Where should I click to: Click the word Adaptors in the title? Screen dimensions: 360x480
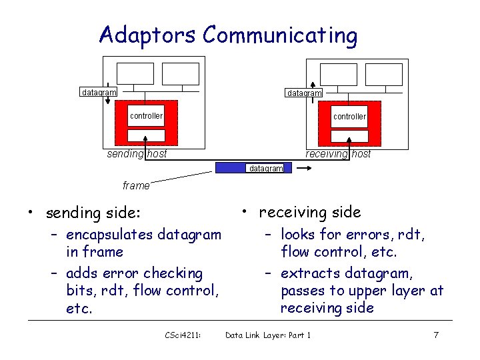pyautogui.click(x=148, y=34)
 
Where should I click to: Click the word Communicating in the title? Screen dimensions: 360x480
pyautogui.click(x=280, y=35)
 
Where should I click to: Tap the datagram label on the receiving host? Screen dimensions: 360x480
pyautogui.click(x=304, y=93)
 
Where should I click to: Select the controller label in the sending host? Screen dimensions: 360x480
pyautogui.click(x=146, y=116)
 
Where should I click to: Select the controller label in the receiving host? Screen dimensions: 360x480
pyautogui.click(x=349, y=117)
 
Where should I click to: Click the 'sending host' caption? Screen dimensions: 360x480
pyautogui.click(x=137, y=155)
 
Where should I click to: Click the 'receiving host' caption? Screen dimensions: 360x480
pyautogui.click(x=338, y=155)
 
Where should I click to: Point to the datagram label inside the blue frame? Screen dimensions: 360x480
pyautogui.click(x=265, y=169)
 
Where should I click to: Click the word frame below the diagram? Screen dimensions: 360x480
pyautogui.click(x=136, y=186)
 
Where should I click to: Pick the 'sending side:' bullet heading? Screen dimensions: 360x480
pyautogui.click(x=93, y=213)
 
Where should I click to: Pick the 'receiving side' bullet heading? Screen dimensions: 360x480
pyautogui.click(x=309, y=212)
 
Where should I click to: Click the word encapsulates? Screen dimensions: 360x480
pyautogui.click(x=109, y=235)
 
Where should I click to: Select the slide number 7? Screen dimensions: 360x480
pyautogui.click(x=436, y=335)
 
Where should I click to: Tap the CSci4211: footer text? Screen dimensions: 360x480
pyautogui.click(x=183, y=335)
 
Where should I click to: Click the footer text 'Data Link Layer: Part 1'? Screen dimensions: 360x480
pyautogui.click(x=268, y=335)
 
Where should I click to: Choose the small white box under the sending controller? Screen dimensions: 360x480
pyautogui.click(x=146, y=135)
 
